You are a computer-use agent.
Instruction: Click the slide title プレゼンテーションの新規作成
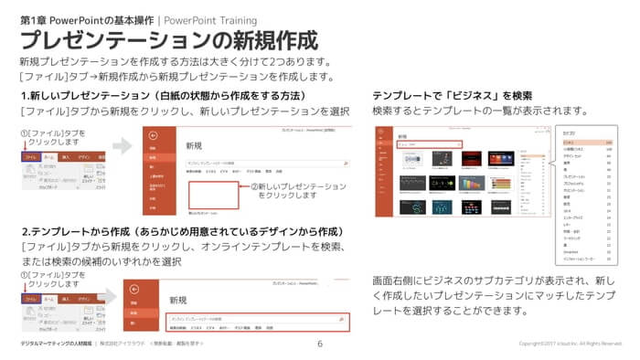[169, 40]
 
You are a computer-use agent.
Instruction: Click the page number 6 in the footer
[320, 344]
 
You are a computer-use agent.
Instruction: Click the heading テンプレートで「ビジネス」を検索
[453, 96]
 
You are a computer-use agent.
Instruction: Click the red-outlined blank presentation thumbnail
[216, 196]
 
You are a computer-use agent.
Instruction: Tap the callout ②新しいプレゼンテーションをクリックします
[293, 190]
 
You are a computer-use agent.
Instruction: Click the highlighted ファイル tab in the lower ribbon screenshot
[30, 296]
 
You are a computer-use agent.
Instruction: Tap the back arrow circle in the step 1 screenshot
[154, 134]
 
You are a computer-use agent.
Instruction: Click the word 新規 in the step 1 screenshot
[194, 145]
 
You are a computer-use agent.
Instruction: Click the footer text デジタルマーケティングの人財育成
[57, 344]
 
